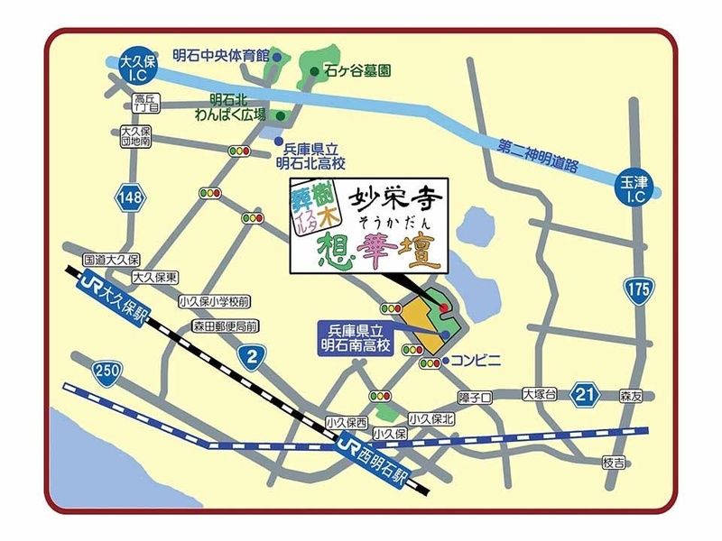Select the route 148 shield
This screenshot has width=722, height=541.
point(127,196)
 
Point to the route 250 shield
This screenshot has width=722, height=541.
point(106,370)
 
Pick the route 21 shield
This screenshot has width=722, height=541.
point(588,393)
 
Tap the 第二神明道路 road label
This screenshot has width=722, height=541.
point(541,156)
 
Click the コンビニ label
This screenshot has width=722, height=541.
point(475,361)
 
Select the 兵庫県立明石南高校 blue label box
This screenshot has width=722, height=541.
point(353,339)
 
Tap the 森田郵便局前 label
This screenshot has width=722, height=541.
point(226,326)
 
